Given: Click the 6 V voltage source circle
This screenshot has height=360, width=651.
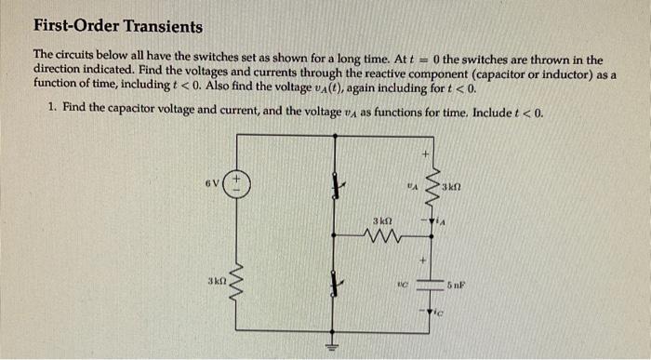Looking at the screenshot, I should (x=236, y=181).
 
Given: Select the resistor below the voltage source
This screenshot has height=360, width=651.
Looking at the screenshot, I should (x=236, y=280).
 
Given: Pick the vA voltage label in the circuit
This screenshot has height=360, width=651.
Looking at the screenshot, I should (x=409, y=184).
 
